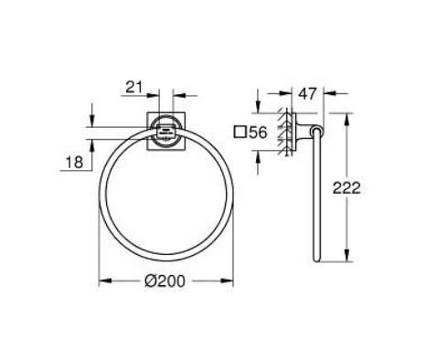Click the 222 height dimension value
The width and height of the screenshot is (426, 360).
point(371,189)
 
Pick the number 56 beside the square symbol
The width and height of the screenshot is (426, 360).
point(258,133)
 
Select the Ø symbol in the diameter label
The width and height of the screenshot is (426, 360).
point(149,285)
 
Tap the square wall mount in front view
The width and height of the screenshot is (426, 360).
point(165,130)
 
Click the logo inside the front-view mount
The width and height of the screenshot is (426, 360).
point(165,130)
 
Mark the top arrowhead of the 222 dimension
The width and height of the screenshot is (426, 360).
point(347,115)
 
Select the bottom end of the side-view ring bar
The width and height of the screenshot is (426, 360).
point(316,259)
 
